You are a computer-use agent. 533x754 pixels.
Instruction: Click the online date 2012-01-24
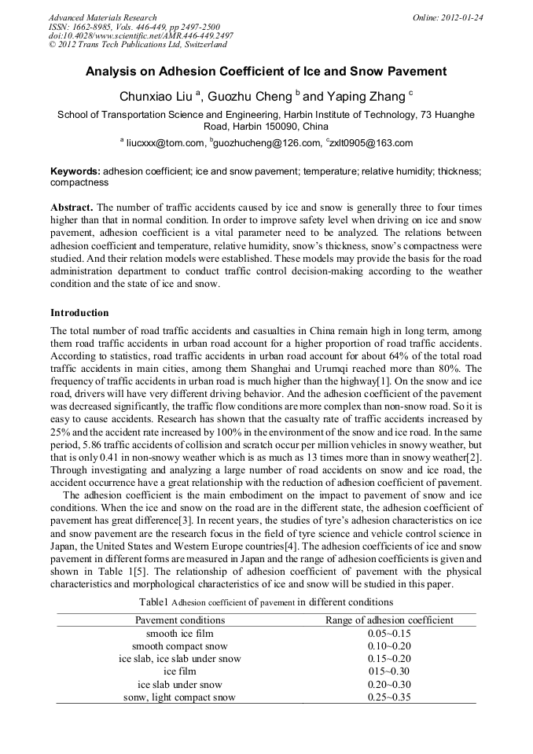(x=463, y=17)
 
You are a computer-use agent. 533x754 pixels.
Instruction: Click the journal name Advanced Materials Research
(x=102, y=17)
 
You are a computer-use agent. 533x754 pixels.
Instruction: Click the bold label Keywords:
(x=75, y=171)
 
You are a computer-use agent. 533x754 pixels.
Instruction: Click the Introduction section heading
(x=79, y=313)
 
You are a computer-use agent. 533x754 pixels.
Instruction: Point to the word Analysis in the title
(x=114, y=72)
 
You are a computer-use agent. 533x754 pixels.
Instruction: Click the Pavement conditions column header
(x=180, y=620)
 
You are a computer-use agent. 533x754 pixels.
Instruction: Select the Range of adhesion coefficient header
(x=389, y=620)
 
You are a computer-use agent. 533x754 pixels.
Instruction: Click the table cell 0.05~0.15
(x=389, y=633)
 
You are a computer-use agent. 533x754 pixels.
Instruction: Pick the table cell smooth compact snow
(x=180, y=645)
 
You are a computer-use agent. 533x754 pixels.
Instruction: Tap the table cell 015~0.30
(x=389, y=671)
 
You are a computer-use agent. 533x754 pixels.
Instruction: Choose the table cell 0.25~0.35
(x=389, y=697)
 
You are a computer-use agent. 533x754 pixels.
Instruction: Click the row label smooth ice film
(x=180, y=633)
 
